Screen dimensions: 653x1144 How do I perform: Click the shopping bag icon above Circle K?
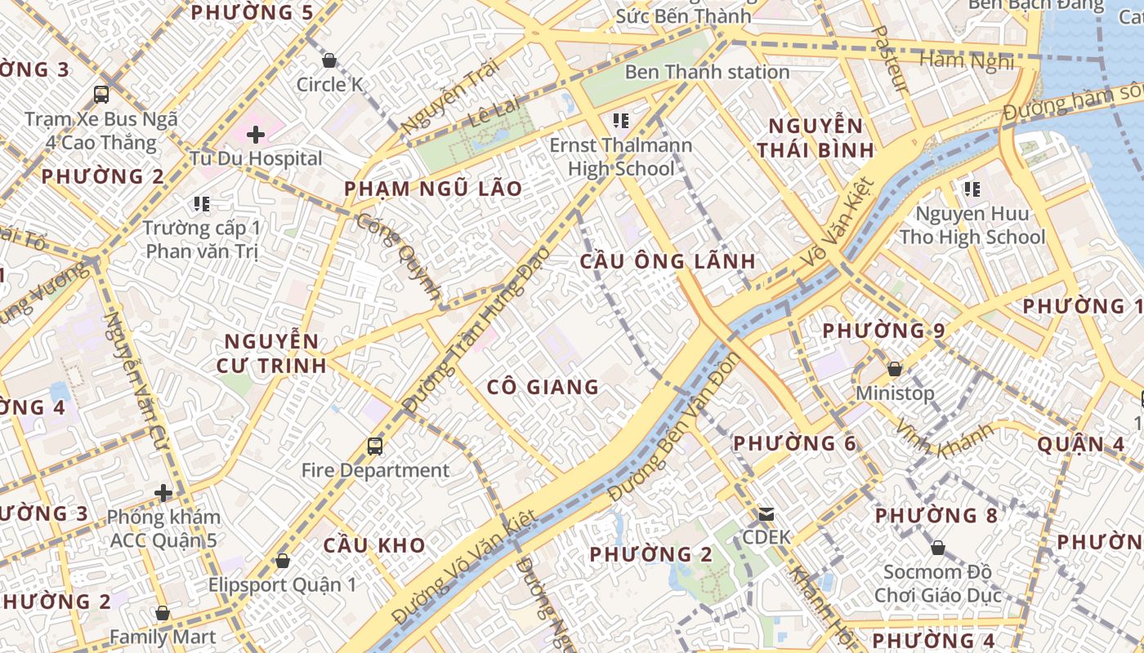click(x=329, y=60)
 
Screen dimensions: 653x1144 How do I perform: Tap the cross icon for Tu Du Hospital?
click(x=256, y=134)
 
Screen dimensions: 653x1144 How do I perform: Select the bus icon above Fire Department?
click(x=375, y=446)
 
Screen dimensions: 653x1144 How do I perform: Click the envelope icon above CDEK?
click(x=766, y=513)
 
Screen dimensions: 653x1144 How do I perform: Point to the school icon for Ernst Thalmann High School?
click(x=621, y=121)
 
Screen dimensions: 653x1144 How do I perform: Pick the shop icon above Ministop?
click(x=895, y=369)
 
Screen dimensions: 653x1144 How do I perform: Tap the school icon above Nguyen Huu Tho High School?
click(x=972, y=189)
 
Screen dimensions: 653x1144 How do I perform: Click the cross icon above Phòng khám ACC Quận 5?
click(x=163, y=493)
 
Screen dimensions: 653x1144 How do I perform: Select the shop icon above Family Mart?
click(x=163, y=613)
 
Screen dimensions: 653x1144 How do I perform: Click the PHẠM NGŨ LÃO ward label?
click(x=433, y=189)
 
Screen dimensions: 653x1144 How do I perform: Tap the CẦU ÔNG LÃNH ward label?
click(x=668, y=261)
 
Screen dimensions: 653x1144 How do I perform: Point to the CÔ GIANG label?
click(x=543, y=387)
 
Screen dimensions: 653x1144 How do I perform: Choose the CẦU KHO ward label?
click(x=374, y=545)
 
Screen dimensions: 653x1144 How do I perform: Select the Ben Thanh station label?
click(x=707, y=72)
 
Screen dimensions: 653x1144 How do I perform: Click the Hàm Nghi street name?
click(x=967, y=60)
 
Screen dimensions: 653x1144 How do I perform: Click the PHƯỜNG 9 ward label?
click(x=883, y=331)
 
